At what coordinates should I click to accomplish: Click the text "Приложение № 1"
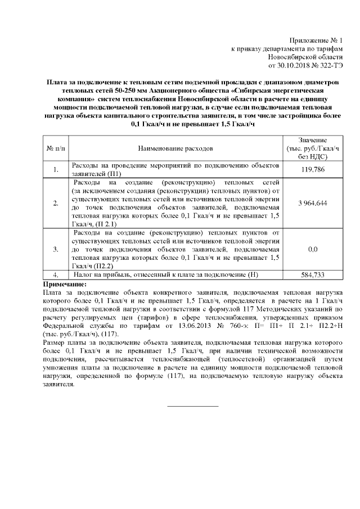pyautogui.click(x=316, y=40)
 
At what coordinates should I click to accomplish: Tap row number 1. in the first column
pyautogui.click(x=55, y=169)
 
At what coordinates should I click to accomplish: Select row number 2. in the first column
pyautogui.click(x=55, y=202)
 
